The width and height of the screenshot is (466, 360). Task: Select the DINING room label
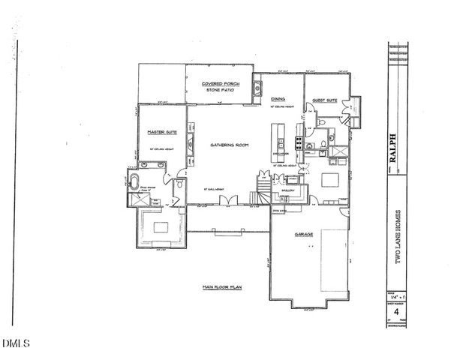[278, 99]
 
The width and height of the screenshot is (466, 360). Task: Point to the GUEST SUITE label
[323, 99]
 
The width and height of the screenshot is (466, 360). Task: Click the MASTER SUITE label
[162, 131]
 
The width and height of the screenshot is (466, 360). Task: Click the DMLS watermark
[15, 344]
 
